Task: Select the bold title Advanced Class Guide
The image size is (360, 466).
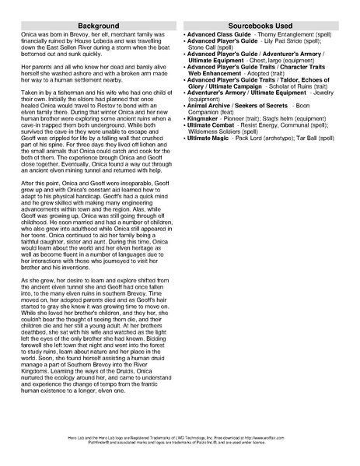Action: (218, 37)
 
